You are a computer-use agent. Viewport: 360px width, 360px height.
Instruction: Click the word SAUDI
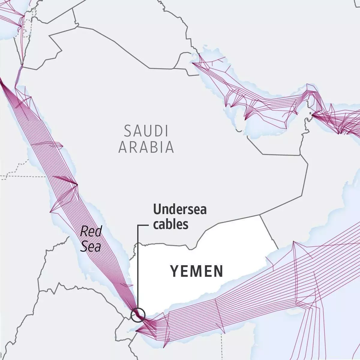click(x=146, y=131)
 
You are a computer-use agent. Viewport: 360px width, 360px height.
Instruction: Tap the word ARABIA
click(x=146, y=147)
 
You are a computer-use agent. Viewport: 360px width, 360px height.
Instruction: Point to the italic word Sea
click(x=90, y=247)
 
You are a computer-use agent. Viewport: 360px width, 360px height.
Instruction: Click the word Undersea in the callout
click(x=180, y=209)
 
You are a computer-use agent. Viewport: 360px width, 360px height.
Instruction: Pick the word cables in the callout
click(x=171, y=224)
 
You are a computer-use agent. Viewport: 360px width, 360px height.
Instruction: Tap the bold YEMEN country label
click(x=197, y=271)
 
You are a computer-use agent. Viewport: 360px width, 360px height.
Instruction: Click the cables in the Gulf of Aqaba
click(x=19, y=72)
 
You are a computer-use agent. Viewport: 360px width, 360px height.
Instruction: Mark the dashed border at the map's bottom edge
click(x=222, y=345)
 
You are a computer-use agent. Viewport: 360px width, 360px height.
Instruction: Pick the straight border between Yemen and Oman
click(x=268, y=231)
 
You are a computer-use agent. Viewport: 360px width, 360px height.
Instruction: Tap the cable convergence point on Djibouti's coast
click(x=136, y=331)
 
